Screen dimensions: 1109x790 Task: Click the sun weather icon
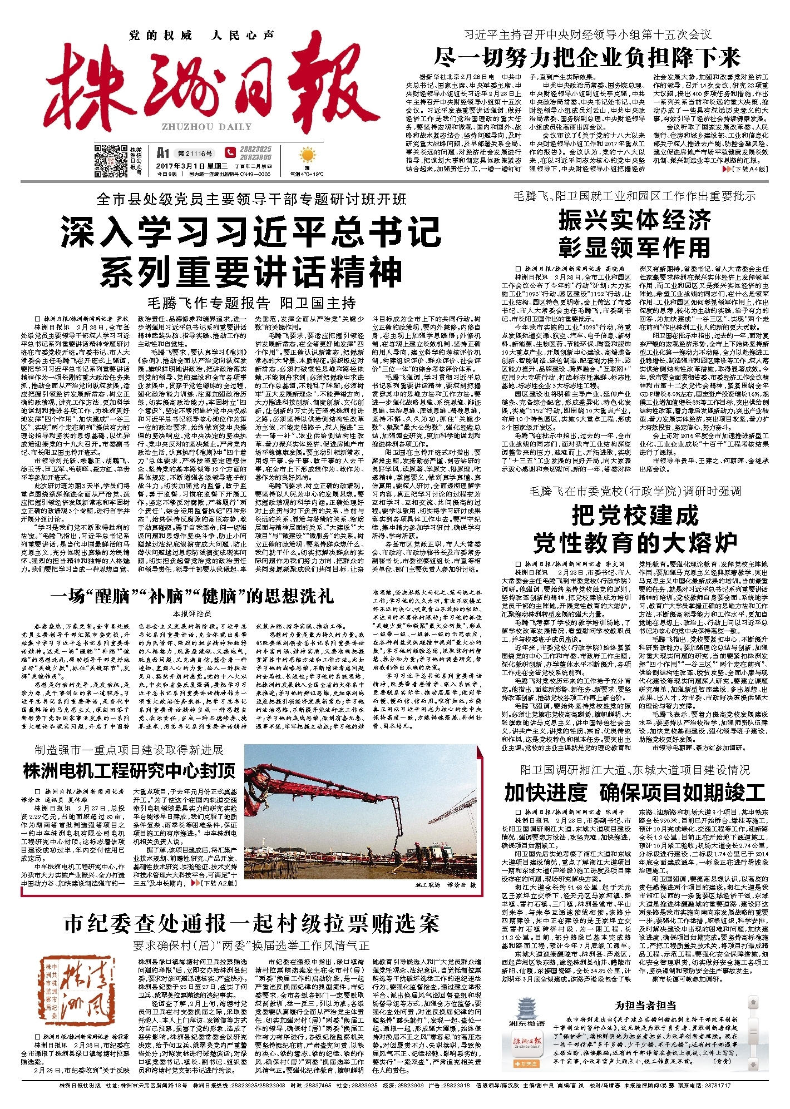(306, 155)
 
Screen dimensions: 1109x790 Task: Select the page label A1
(162, 152)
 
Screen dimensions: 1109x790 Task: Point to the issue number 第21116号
(195, 153)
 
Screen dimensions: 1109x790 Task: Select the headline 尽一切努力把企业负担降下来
(587, 57)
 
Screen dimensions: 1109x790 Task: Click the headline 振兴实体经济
(635, 220)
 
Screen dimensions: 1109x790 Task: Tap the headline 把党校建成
(635, 516)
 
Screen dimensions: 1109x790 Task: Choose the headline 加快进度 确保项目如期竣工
(635, 792)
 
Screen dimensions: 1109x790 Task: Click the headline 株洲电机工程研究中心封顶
(130, 771)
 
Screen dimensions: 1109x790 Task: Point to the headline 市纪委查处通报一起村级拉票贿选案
(251, 924)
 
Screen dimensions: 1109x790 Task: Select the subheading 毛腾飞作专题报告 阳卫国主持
(251, 303)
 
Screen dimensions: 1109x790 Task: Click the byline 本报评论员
(192, 613)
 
